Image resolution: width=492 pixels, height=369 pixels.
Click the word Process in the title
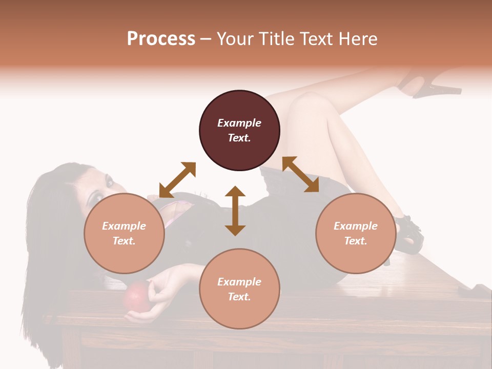[161, 39]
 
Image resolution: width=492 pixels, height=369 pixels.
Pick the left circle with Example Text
[124, 233]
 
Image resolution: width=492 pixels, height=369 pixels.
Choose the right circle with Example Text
[356, 233]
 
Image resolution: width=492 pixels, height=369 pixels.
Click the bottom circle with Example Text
[239, 289]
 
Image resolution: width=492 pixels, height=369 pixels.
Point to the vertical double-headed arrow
[235, 211]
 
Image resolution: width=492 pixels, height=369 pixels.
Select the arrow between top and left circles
[177, 180]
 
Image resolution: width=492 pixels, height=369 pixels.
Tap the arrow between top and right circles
[300, 174]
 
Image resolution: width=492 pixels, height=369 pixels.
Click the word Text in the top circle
[239, 138]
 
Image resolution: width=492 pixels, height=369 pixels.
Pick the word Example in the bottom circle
[239, 281]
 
